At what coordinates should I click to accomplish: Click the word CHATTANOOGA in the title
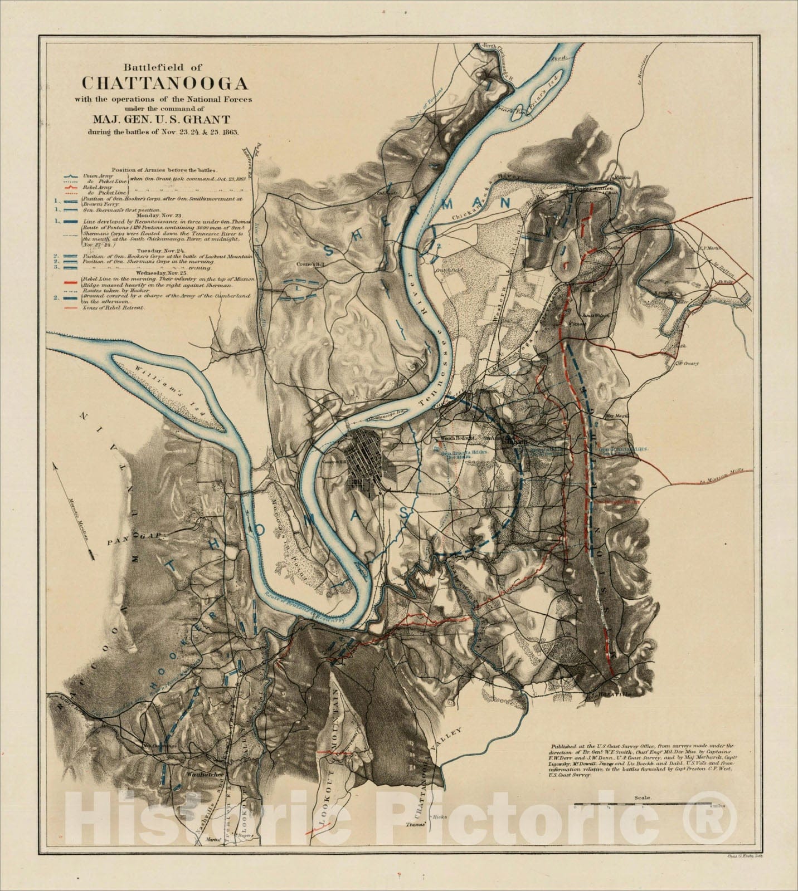tap(165, 83)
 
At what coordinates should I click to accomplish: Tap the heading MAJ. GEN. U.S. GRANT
tap(164, 119)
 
